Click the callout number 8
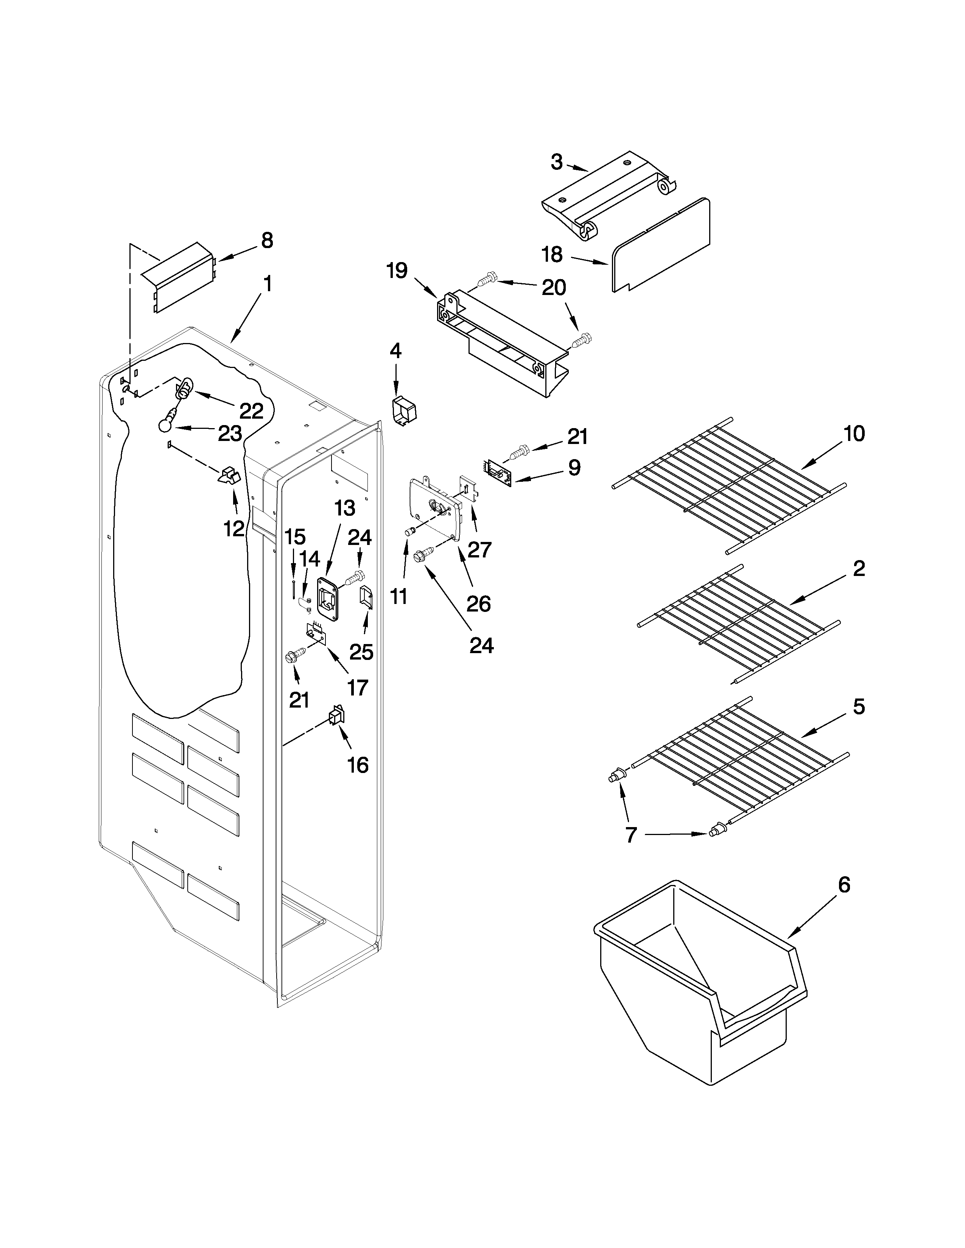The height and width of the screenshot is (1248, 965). (267, 241)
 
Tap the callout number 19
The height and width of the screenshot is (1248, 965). (397, 270)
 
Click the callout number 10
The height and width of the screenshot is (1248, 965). (854, 434)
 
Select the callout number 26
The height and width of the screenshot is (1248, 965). (478, 604)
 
